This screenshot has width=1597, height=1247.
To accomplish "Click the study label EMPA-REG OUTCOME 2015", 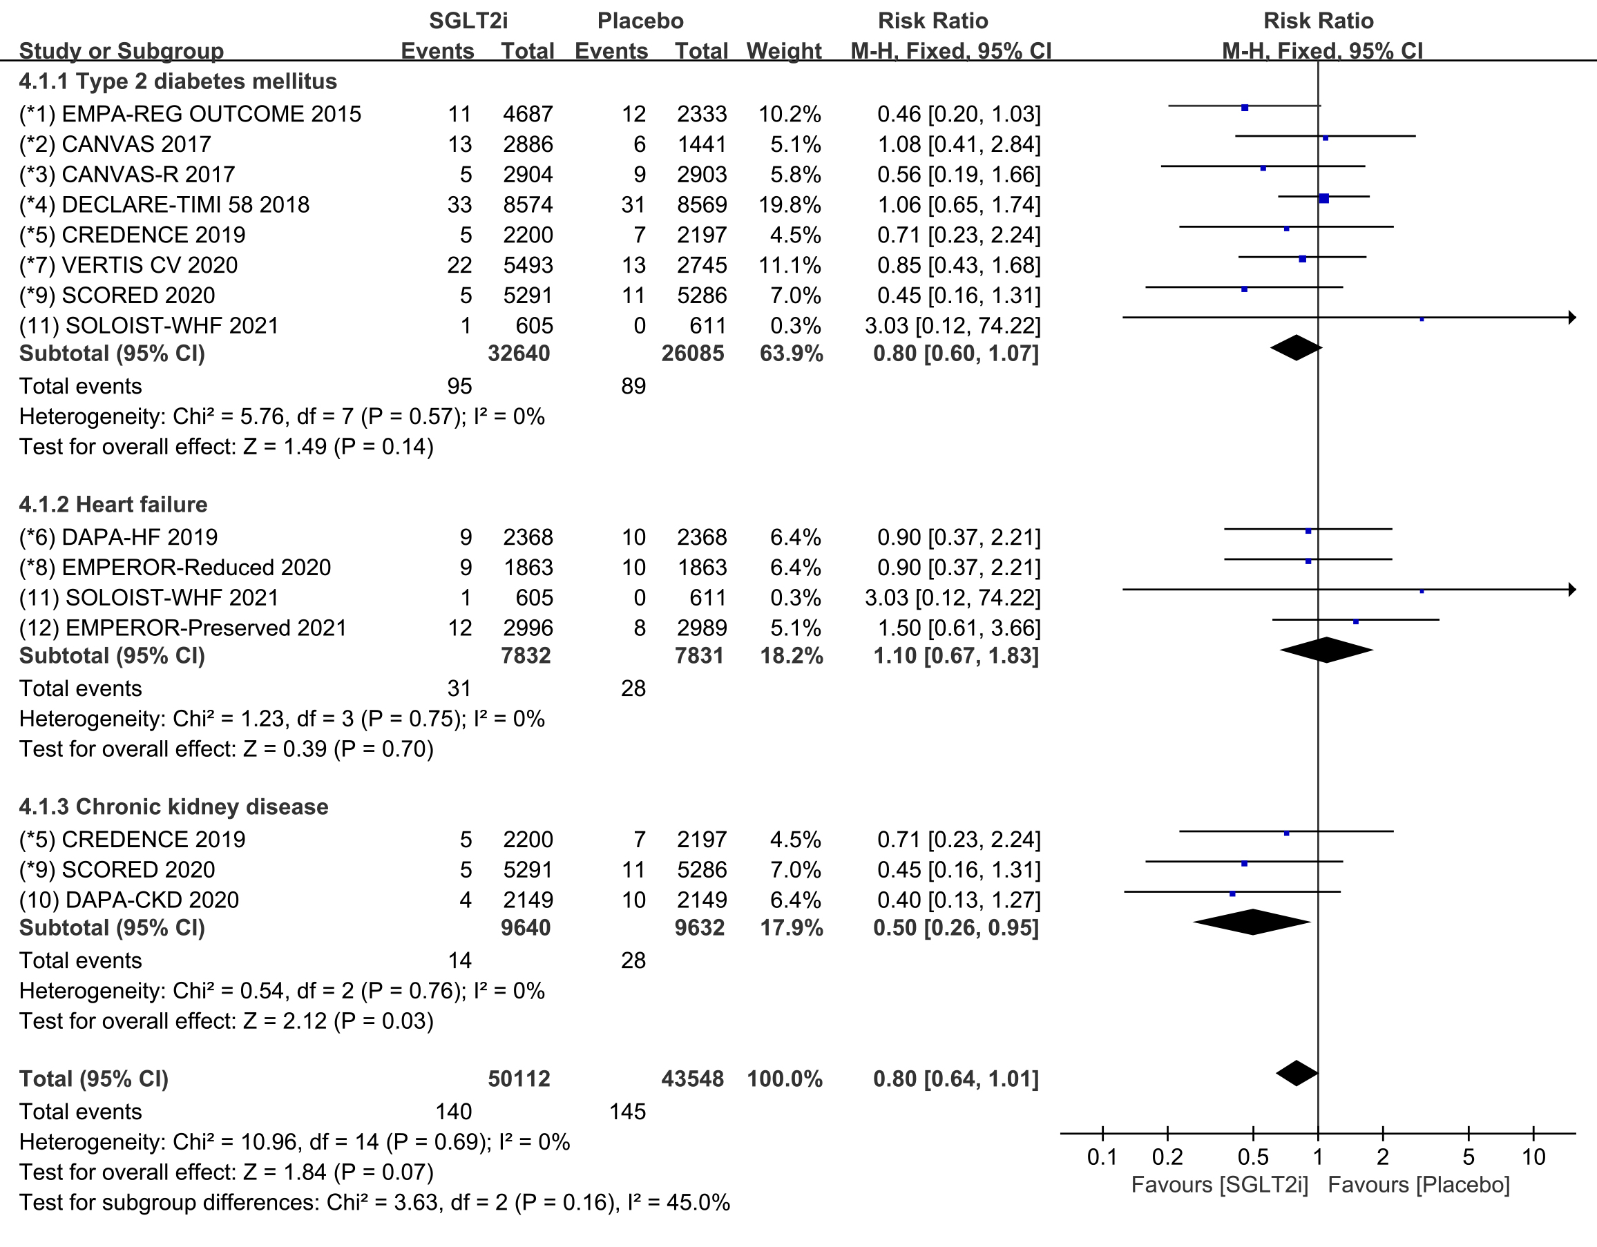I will tap(190, 114).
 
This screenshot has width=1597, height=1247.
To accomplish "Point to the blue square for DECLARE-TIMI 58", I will tap(1323, 198).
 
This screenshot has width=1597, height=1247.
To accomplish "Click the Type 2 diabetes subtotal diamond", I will tap(1297, 348).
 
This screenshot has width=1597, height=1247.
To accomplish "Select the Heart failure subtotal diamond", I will tap(1326, 650).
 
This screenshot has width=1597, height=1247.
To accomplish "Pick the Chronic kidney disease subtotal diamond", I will tap(1252, 922).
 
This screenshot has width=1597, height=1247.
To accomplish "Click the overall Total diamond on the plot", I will tap(1297, 1073).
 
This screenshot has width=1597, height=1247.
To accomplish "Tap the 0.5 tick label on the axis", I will tap(1253, 1157).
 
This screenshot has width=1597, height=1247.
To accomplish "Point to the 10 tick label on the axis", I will tap(1533, 1157).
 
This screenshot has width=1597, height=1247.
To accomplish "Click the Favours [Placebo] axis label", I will tap(1419, 1185).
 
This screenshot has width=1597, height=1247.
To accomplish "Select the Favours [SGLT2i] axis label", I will tap(1220, 1185).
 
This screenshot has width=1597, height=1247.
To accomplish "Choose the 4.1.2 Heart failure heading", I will tap(113, 504).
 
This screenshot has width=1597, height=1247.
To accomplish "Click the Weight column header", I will tap(784, 51).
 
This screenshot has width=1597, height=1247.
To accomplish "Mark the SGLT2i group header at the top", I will tap(468, 21).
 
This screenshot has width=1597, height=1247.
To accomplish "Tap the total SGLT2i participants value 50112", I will tap(519, 1079).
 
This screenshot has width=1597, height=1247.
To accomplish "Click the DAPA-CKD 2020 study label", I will tap(129, 900).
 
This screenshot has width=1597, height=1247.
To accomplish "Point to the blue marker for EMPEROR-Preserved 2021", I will tap(1356, 621).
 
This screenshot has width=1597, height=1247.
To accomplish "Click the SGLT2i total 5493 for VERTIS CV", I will tap(528, 265).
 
